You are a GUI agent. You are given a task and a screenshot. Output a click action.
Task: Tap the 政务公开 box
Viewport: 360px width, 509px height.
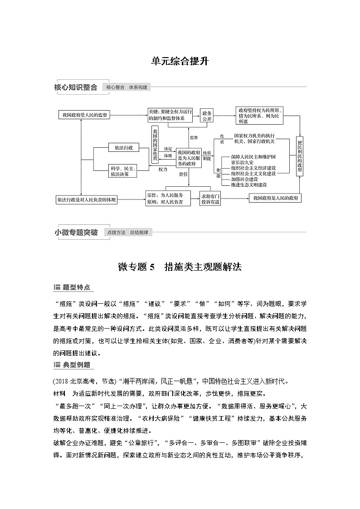click(207, 116)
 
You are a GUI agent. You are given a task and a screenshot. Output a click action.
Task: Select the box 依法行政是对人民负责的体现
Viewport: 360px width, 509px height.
click(86, 199)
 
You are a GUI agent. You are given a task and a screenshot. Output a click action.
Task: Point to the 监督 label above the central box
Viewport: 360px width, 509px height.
click(194, 137)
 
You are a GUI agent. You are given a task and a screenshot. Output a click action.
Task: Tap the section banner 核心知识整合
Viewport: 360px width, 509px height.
click(76, 88)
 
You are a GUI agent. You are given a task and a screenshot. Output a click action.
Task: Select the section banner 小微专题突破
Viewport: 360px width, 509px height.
click(76, 233)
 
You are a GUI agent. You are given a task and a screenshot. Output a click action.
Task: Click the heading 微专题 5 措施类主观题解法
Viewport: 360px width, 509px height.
click(180, 267)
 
